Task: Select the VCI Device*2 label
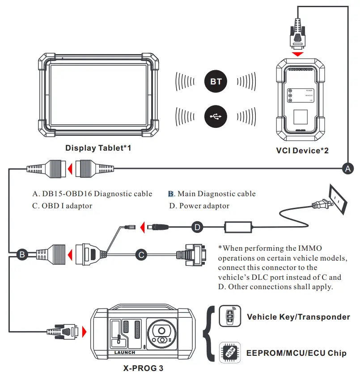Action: (x=302, y=151)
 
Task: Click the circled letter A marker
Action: (x=347, y=169)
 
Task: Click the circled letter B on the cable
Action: (x=21, y=255)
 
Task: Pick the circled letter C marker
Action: (x=141, y=255)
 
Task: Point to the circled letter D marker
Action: (x=198, y=227)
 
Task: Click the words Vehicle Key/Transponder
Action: (x=298, y=317)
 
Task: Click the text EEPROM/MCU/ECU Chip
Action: (x=296, y=353)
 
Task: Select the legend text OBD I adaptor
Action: (x=62, y=206)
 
